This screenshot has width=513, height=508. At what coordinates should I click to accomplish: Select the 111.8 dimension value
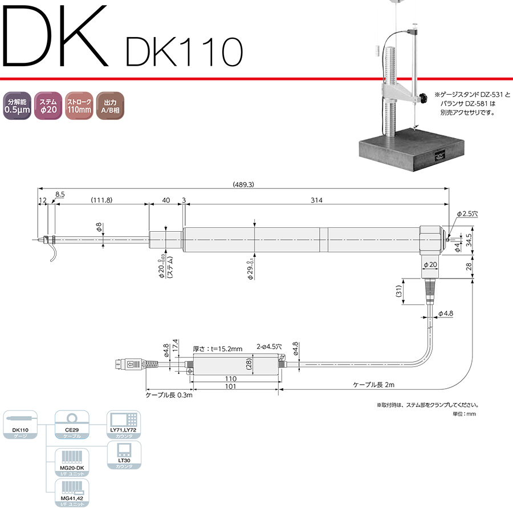(x=101, y=200)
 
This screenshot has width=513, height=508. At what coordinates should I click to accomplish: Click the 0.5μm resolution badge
(x=17, y=105)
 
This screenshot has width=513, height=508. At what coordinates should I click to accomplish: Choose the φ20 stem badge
(x=48, y=105)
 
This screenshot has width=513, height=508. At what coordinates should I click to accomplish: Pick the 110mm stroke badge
(x=79, y=105)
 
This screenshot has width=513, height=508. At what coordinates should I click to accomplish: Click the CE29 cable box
(x=71, y=424)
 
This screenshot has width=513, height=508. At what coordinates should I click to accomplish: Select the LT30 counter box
(x=124, y=455)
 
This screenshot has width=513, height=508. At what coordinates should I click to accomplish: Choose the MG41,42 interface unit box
(x=71, y=493)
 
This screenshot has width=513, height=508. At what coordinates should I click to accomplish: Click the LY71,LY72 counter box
(x=124, y=424)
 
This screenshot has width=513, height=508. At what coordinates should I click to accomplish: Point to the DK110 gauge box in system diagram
(x=20, y=424)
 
